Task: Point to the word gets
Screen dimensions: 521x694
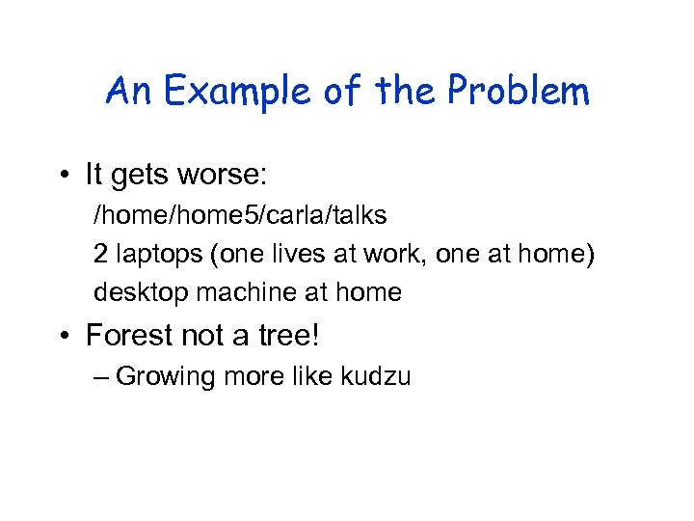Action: [144, 177]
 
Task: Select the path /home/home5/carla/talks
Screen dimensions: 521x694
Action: [240, 215]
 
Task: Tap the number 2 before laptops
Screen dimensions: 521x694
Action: [101, 254]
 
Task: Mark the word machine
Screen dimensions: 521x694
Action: [243, 292]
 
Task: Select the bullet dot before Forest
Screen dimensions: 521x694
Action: [63, 335]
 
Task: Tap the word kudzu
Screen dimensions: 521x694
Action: [376, 376]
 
